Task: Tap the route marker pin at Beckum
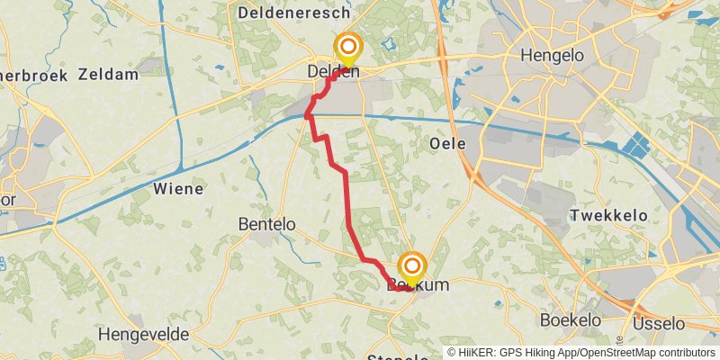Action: point(412,268)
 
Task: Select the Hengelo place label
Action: point(553,56)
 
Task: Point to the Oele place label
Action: point(447,143)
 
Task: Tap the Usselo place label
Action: point(659,322)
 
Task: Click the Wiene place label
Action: point(178,189)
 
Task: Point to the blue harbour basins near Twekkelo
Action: point(642,144)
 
